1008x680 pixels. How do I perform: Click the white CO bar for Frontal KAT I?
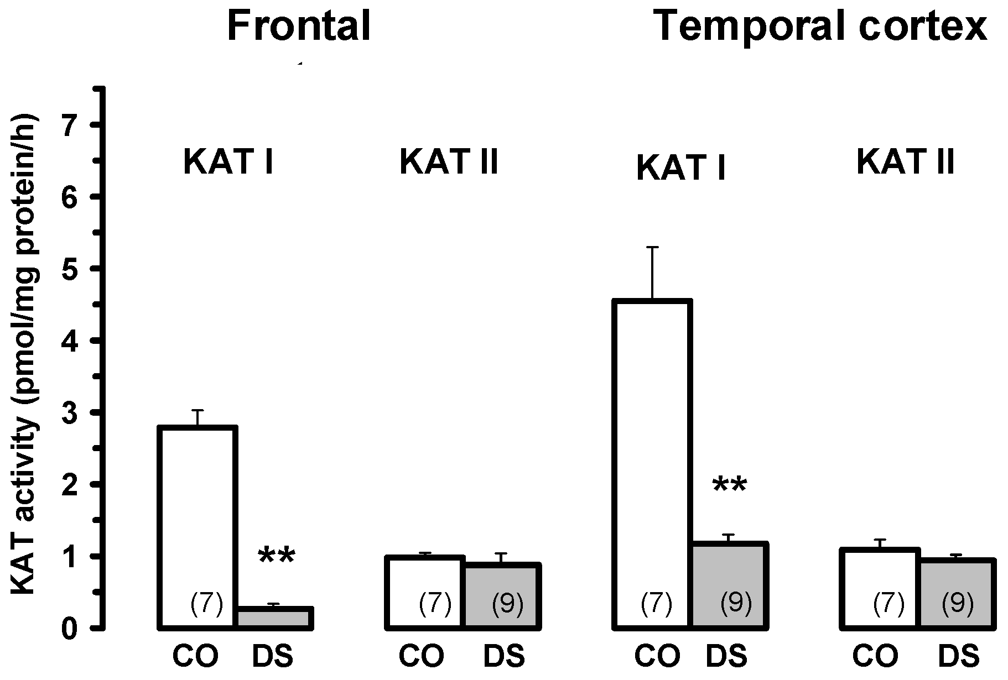coord(198,525)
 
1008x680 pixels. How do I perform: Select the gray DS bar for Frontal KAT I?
coord(275,618)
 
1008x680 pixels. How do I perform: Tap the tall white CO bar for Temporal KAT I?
coord(652,464)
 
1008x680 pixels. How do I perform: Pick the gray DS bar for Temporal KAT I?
coord(729,586)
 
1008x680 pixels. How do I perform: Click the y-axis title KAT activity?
coord(25,354)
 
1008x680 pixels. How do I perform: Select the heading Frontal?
coord(298,26)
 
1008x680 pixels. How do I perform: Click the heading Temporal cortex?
coord(820,26)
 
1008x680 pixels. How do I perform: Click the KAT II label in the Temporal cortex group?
coord(906,163)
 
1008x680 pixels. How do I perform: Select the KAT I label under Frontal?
coord(228,163)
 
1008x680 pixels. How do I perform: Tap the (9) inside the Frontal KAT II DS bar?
coord(507,604)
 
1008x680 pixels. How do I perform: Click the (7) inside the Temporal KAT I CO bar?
coord(657,604)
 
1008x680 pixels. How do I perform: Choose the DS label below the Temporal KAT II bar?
coord(959,657)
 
